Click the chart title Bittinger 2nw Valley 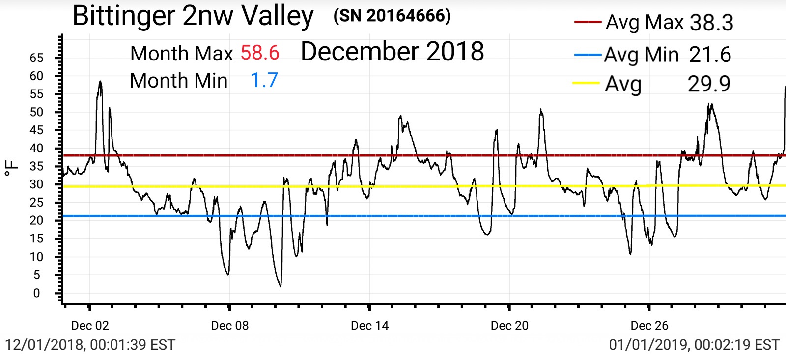(193, 16)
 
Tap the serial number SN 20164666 (392, 16)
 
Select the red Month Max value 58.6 (260, 53)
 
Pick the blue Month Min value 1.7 (264, 80)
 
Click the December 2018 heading (392, 52)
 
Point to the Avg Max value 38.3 (711, 23)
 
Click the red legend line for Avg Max (587, 22)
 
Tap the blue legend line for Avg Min (588, 55)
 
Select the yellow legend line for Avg (586, 83)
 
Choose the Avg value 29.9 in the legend (709, 84)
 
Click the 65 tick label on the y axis (36, 58)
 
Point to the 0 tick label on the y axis (36, 293)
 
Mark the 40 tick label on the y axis (36, 148)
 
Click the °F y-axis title (12, 168)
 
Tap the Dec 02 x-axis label (90, 326)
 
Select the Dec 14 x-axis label (369, 326)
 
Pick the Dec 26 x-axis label (649, 326)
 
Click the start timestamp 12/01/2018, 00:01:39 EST (90, 345)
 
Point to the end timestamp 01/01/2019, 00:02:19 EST (694, 345)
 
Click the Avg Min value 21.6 (710, 55)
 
